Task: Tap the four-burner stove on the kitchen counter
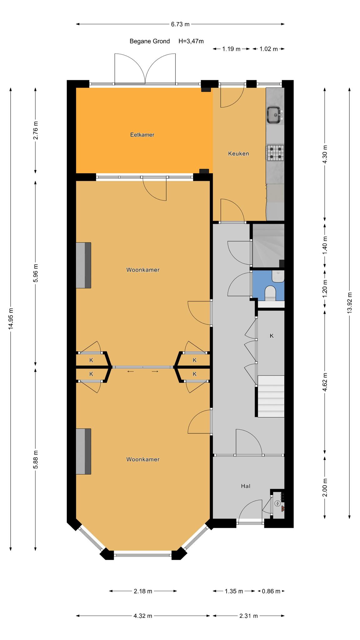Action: tap(275, 153)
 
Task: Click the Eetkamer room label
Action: tap(142, 135)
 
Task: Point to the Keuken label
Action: tap(238, 153)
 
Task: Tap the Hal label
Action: tap(246, 486)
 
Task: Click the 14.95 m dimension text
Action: tap(11, 318)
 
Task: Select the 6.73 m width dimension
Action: tap(180, 24)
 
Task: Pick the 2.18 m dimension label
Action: tap(143, 591)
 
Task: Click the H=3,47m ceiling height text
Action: tap(191, 41)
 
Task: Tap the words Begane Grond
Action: tap(150, 41)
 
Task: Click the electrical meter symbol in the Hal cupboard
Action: tap(277, 503)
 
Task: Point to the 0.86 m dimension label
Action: tap(271, 591)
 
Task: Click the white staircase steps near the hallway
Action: tap(271, 396)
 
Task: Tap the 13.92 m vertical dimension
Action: tap(349, 302)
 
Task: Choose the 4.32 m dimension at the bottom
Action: tap(143, 616)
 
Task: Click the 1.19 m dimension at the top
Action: tap(231, 49)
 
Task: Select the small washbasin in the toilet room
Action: tap(278, 277)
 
